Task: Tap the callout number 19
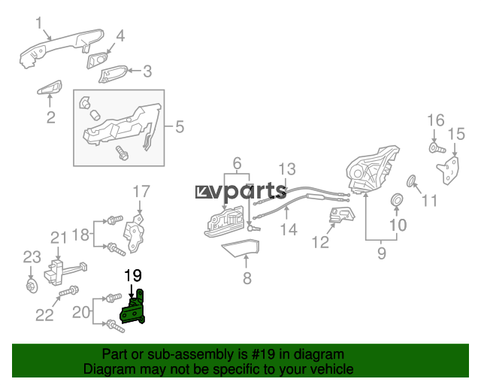133,275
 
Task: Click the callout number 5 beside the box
180,127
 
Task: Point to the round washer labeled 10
397,200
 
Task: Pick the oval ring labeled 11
411,181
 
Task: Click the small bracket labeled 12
341,214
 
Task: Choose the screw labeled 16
437,148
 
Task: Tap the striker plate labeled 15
449,171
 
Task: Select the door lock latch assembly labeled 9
373,171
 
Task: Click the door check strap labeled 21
65,271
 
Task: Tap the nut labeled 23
32,286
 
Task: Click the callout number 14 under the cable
289,229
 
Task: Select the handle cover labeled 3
113,74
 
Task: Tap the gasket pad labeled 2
50,87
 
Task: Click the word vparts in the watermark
249,192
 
